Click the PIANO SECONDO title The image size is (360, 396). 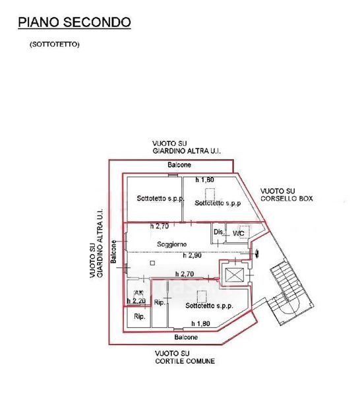(x=75, y=22)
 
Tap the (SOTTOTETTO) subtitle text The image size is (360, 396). (x=55, y=44)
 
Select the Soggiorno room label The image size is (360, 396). (x=172, y=244)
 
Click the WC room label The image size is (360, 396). (x=239, y=234)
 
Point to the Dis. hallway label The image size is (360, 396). (x=219, y=232)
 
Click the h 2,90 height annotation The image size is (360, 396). (x=193, y=255)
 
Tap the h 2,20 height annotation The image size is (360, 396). (x=136, y=301)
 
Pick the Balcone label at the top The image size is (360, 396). (x=179, y=165)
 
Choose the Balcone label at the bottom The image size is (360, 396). (x=186, y=337)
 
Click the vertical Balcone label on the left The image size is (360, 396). (x=113, y=251)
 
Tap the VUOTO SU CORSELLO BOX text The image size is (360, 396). (x=287, y=195)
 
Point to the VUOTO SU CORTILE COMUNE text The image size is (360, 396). (x=185, y=357)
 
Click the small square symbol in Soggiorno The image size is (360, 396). (x=152, y=263)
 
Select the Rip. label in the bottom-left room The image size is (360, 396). (x=140, y=316)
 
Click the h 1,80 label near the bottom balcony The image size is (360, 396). (x=200, y=323)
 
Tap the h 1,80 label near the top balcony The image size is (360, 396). (x=205, y=180)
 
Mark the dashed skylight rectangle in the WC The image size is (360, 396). (x=245, y=232)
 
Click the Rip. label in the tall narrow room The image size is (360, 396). (x=160, y=302)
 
